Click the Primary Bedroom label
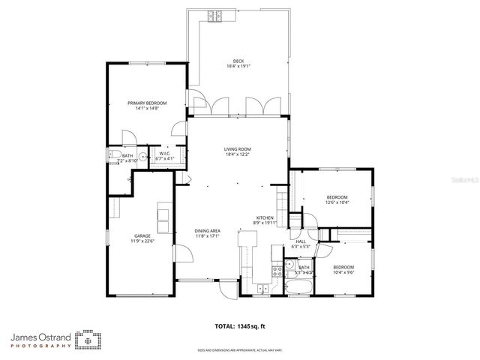pyautogui.click(x=146, y=103)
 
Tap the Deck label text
pyautogui.click(x=238, y=61)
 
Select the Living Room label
pyautogui.click(x=237, y=149)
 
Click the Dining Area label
pyautogui.click(x=208, y=231)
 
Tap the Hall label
pyautogui.click(x=300, y=241)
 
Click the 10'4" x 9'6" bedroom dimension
pyautogui.click(x=343, y=272)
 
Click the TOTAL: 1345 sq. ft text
pyautogui.click(x=241, y=326)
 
